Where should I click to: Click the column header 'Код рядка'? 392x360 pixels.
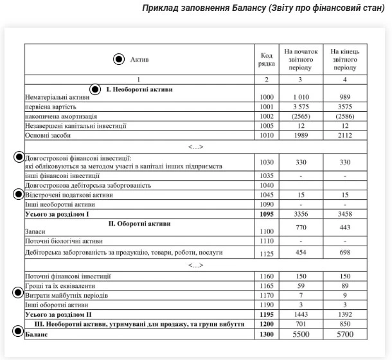click(x=267, y=59)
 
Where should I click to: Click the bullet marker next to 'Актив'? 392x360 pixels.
click(x=118, y=59)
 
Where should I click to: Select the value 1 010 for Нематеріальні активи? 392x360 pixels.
click(x=298, y=96)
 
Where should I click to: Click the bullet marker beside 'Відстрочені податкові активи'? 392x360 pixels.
click(x=18, y=194)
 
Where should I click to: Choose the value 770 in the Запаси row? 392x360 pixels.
click(x=298, y=228)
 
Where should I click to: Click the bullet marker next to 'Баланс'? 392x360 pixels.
click(x=18, y=332)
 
